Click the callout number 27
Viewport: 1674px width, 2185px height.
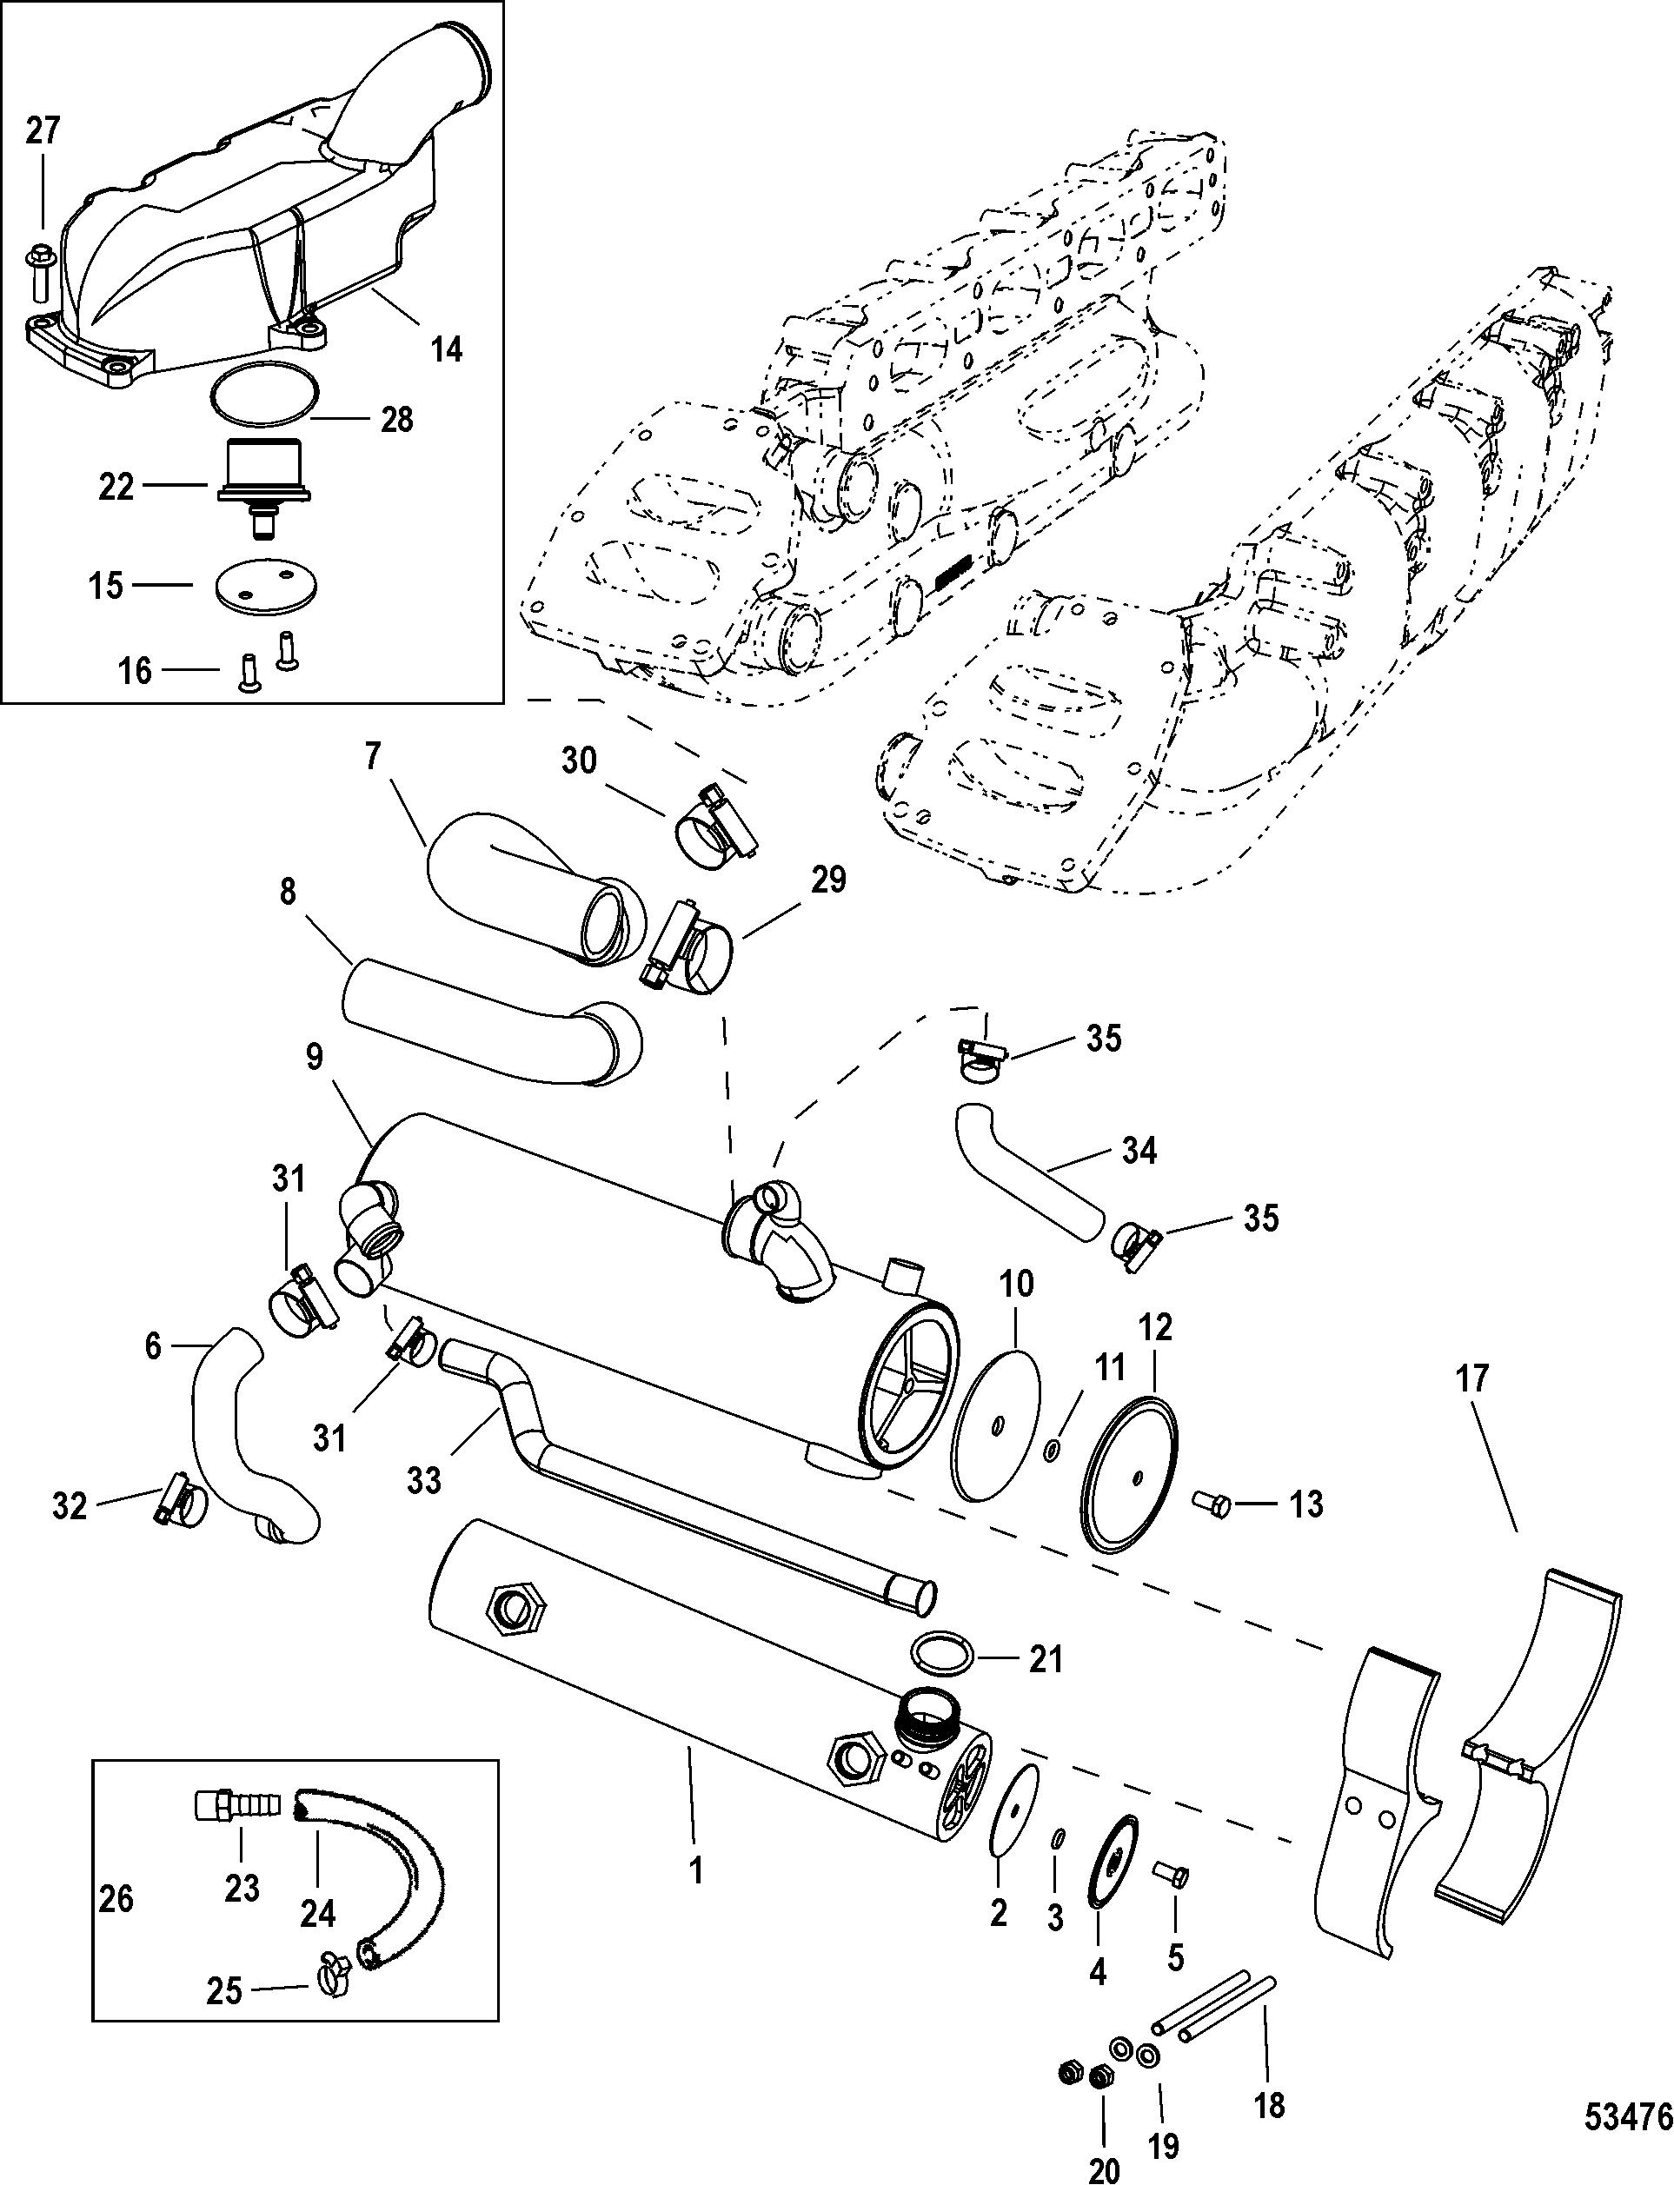coord(42,130)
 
